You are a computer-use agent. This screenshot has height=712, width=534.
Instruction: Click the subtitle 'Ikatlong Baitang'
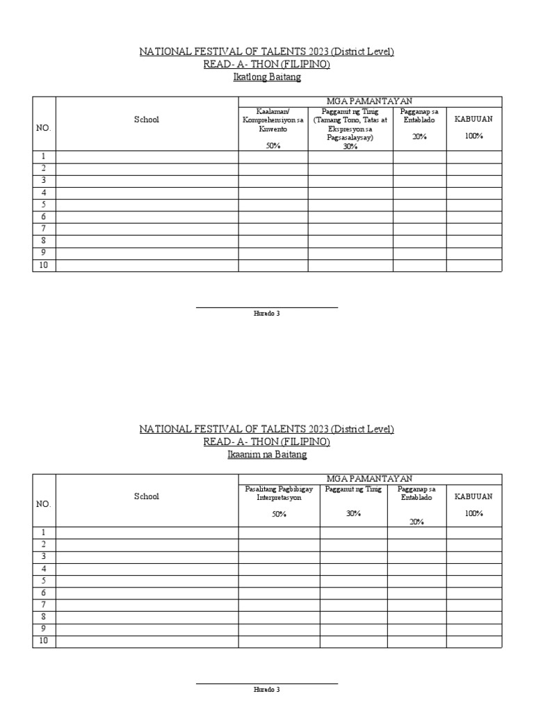267,77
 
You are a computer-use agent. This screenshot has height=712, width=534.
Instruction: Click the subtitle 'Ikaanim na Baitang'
267,455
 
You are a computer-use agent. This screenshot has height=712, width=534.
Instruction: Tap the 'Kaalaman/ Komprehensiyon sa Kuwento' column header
273,120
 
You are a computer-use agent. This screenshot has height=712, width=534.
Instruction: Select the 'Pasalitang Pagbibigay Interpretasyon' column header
273,493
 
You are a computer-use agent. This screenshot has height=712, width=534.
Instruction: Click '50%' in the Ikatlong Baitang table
273,146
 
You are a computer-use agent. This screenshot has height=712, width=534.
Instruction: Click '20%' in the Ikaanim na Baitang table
417,521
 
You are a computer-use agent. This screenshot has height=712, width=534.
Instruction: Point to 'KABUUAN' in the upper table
474,119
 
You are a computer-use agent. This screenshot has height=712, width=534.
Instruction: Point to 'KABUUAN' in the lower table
474,496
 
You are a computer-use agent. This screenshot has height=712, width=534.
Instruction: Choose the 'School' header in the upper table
147,120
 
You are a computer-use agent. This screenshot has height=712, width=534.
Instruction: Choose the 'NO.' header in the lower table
44,504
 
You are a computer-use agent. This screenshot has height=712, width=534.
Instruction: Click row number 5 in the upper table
44,204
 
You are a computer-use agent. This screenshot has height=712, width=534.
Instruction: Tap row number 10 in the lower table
44,641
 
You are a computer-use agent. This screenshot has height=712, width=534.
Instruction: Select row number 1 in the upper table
44,156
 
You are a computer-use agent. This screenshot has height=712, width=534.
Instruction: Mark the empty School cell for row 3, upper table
147,181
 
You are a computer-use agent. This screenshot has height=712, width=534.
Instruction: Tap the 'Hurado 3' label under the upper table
267,314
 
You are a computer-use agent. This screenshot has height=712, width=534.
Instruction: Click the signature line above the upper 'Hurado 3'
267,307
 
